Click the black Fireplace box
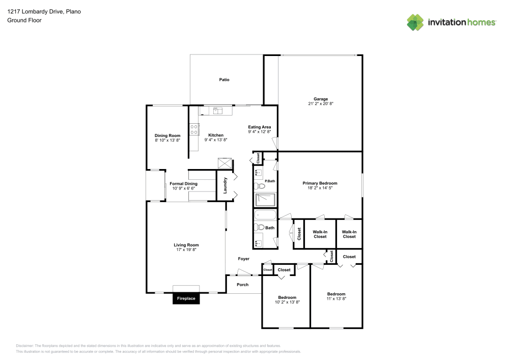coord(186,299)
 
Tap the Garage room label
coord(321,99)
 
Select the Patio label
coord(224,79)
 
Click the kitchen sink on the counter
coord(216,109)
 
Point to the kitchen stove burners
coord(194,129)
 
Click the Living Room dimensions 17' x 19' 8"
coord(186,250)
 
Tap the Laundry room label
coord(225,185)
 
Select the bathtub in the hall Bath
coord(265,215)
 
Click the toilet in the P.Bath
coord(261,186)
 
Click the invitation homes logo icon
coord(415,22)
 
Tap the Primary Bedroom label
coord(320,183)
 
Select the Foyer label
coord(244,259)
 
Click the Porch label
coord(243,284)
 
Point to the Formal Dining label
coord(183,183)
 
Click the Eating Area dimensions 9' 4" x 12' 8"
coord(259,132)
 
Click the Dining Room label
coord(167,135)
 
